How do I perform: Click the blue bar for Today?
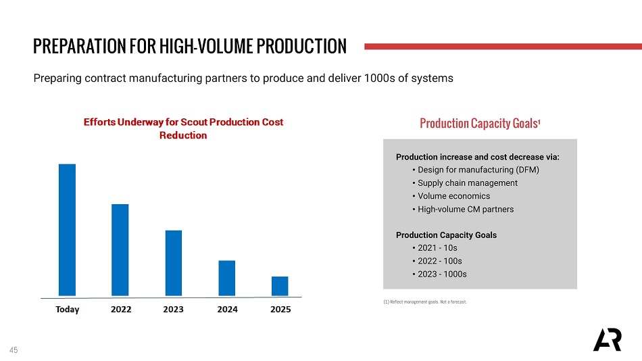pos(67,230)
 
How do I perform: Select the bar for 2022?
pos(120,249)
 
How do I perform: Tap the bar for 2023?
pos(174,263)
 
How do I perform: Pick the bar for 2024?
pos(227,278)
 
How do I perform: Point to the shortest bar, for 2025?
pos(280,286)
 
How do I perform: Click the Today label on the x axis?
pos(67,310)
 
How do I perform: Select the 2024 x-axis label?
pos(227,310)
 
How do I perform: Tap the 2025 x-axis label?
pos(280,310)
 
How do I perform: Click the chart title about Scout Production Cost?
pos(183,128)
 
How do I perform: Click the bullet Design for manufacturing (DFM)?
pos(478,170)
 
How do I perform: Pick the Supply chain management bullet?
pos(467,183)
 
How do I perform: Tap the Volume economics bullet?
pos(453,196)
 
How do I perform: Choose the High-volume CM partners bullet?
pos(465,210)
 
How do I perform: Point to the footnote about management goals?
pos(424,302)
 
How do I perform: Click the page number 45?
pos(14,350)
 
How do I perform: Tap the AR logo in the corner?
pos(607,340)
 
